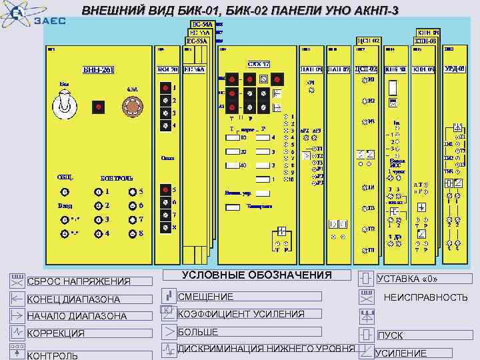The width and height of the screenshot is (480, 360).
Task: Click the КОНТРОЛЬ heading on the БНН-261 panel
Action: (x=117, y=178)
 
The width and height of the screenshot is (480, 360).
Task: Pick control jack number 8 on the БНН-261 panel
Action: (x=131, y=234)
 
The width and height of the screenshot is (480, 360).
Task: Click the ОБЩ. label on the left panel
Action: (x=65, y=178)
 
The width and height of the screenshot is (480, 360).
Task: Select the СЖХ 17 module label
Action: (x=258, y=64)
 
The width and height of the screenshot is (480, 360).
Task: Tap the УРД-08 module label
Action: (x=457, y=68)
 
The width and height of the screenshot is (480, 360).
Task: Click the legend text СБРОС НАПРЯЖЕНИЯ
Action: (x=79, y=282)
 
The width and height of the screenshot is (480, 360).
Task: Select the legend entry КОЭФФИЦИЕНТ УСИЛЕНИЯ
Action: (x=241, y=314)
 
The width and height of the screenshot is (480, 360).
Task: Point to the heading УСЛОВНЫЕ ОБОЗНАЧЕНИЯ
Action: (x=257, y=275)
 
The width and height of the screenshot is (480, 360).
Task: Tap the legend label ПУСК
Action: (x=391, y=335)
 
